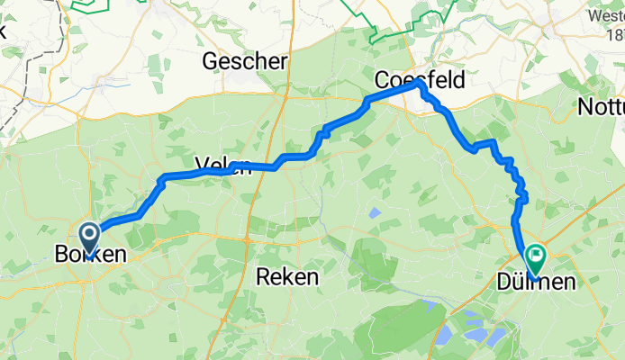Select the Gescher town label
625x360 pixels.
point(245,61)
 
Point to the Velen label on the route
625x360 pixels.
point(220,163)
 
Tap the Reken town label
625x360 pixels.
point(287,276)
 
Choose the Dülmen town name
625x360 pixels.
point(535,283)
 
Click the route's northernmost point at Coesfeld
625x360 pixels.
point(417,83)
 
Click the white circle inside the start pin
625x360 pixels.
point(91,234)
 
